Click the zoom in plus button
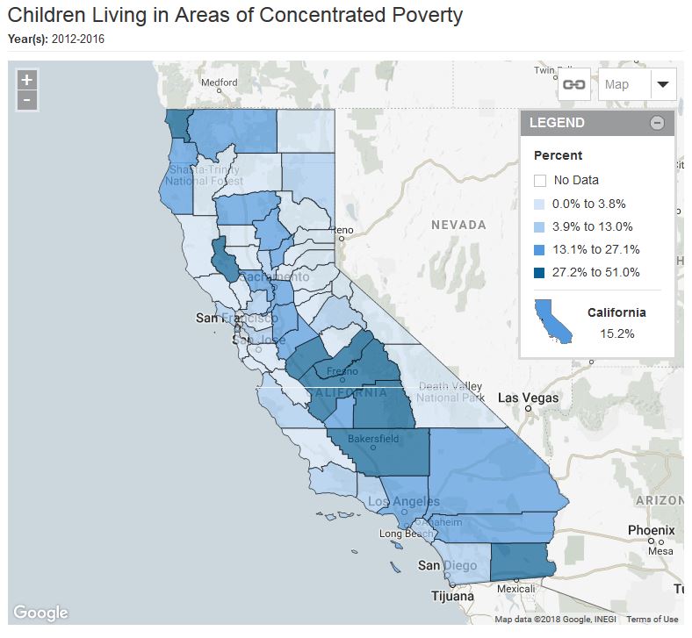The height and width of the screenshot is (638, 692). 27,80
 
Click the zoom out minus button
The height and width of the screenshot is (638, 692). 27,100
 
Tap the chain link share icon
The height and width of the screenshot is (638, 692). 574,84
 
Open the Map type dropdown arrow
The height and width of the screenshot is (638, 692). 663,84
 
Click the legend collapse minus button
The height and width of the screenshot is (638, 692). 657,123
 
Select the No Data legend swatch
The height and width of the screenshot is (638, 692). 541,181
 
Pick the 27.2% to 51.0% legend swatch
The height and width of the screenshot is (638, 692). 541,272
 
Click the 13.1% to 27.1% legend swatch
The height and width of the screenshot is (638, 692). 541,249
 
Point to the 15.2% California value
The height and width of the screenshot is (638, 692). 616,333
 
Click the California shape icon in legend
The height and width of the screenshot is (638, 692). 553,320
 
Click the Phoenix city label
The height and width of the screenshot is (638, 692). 651,530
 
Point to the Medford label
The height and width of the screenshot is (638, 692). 220,83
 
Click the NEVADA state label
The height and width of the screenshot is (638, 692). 458,225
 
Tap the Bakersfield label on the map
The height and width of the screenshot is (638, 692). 373,437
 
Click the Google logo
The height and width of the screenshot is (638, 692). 40,613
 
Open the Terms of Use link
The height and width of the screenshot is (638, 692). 652,620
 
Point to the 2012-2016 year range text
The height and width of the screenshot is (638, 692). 78,39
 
